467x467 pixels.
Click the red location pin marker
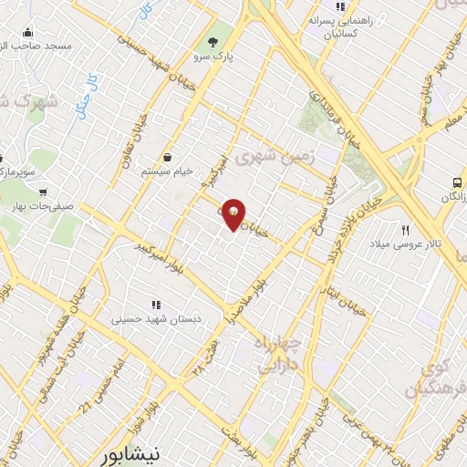click(234, 213)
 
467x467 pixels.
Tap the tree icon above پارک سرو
click(213, 41)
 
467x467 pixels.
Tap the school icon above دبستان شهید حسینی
click(156, 305)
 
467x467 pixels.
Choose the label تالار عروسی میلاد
click(406, 244)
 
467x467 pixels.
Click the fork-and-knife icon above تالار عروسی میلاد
click(406, 230)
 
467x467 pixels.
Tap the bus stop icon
click(458, 182)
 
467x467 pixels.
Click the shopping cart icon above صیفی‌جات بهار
click(43, 192)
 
